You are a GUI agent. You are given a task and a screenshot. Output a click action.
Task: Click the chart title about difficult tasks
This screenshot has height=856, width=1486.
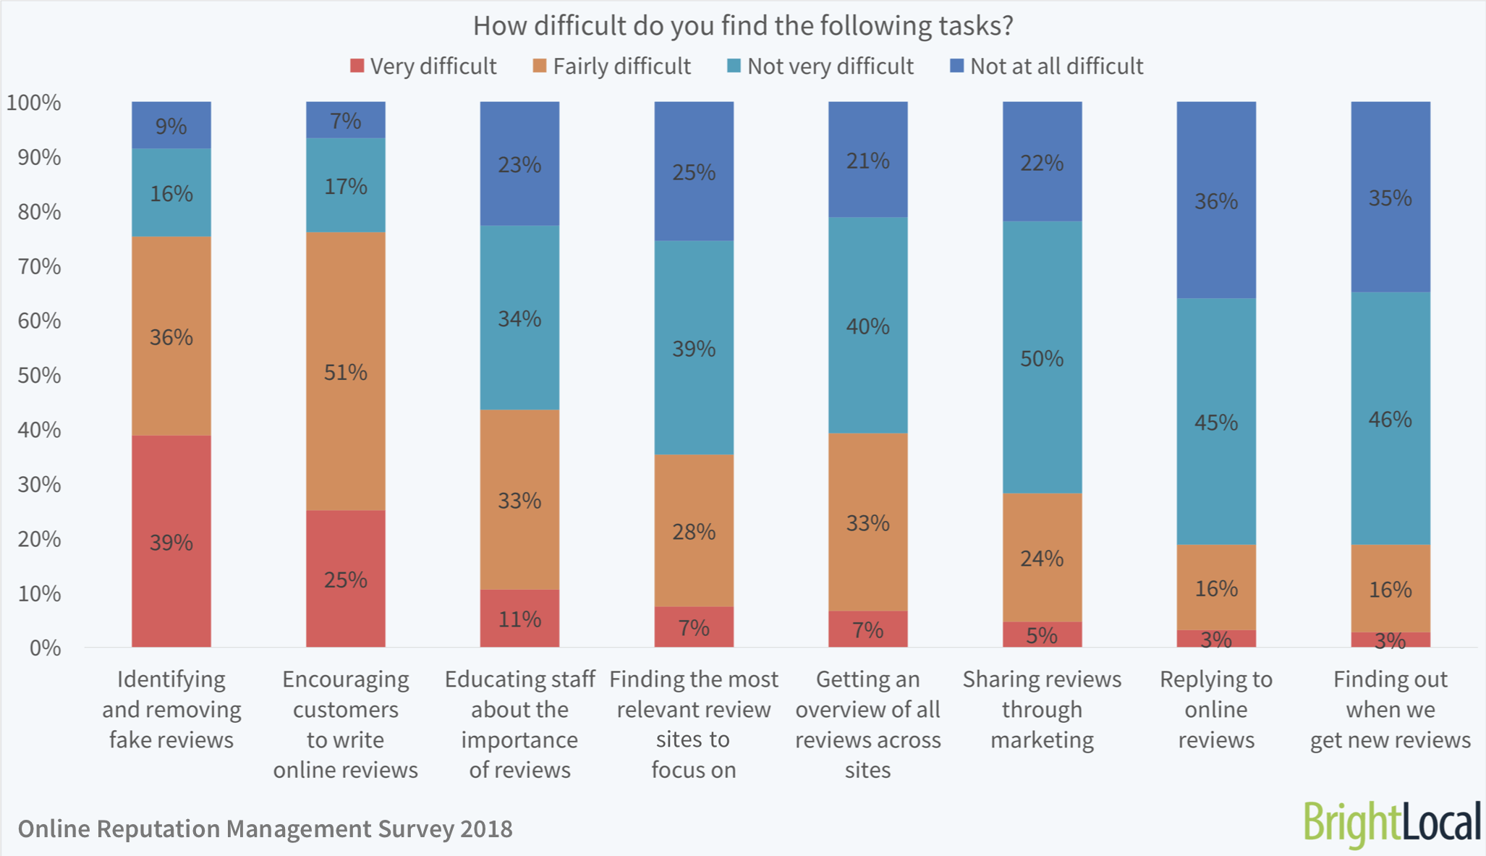743,26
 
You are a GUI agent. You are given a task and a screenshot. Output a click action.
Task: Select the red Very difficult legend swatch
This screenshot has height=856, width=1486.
357,66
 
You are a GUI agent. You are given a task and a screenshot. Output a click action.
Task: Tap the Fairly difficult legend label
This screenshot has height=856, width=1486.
621,67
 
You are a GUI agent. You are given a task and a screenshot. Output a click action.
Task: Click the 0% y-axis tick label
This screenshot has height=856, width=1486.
45,648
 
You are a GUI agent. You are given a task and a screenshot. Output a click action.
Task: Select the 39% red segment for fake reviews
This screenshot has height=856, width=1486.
171,541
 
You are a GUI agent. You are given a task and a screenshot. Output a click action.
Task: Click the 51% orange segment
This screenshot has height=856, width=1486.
346,372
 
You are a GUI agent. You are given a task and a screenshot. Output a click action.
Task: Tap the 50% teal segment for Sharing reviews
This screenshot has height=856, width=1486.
1042,358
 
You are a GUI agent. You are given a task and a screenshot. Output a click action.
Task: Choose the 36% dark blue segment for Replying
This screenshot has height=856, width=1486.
1216,200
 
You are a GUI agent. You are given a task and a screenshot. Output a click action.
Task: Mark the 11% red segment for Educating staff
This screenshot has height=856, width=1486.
519,619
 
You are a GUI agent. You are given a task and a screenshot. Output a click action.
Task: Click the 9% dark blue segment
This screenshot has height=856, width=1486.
171,126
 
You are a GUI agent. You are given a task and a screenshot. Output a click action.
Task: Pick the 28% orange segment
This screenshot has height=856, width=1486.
694,532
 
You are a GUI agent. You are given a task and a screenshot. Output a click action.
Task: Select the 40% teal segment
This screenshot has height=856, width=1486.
867,326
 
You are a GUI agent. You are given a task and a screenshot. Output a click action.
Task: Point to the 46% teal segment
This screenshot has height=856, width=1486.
1391,419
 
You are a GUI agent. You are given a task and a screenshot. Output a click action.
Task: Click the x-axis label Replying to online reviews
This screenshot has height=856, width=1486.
1216,709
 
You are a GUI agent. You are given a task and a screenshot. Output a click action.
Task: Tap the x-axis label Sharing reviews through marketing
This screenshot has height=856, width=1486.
1042,709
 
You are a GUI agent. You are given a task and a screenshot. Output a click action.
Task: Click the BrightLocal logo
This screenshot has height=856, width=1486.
1392,823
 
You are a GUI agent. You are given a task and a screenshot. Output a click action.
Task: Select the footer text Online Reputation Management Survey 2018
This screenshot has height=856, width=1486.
265,829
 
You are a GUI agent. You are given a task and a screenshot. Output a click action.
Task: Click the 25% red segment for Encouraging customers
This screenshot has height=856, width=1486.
346,580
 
